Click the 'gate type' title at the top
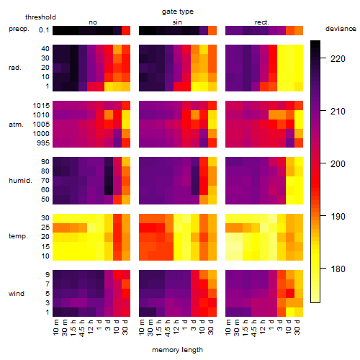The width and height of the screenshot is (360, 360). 178,12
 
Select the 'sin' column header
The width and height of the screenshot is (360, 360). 177,22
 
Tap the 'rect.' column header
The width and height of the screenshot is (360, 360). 262,22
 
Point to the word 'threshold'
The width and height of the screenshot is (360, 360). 40,17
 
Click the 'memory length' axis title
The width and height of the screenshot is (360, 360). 178,350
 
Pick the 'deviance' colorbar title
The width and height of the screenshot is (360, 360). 341,29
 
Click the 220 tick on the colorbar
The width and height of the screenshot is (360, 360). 338,59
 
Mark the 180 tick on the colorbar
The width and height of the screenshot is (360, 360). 338,269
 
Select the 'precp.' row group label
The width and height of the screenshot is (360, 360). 19,29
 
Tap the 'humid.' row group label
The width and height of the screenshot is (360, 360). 20,180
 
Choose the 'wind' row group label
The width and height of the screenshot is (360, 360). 17,294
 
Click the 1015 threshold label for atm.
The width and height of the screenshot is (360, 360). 41,106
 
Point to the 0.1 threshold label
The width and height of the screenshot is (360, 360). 44,30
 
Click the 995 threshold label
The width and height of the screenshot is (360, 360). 43,143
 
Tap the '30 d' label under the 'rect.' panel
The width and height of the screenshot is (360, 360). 297,327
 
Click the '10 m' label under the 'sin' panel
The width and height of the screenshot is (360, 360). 142,328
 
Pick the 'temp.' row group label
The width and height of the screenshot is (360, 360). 18,236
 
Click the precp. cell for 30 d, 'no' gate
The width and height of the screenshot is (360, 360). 126,30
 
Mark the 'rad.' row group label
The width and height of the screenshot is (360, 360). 15,68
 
